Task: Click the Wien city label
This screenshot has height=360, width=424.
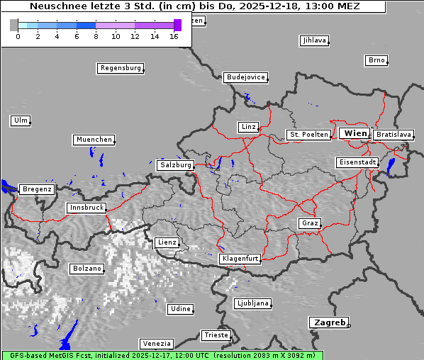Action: pyautogui.click(x=355, y=133)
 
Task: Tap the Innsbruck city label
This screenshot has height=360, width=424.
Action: pyautogui.click(x=86, y=208)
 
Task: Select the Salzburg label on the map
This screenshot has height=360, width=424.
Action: pyautogui.click(x=175, y=164)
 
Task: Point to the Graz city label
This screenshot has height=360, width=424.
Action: pyautogui.click(x=309, y=223)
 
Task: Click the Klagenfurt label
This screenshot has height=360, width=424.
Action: pyautogui.click(x=240, y=259)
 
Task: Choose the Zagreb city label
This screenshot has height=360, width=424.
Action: pyautogui.click(x=328, y=322)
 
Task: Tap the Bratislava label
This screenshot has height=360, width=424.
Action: pyautogui.click(x=394, y=134)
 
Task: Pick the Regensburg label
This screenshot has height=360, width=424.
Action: pyautogui.click(x=120, y=68)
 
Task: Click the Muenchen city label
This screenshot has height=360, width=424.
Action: pyautogui.click(x=94, y=140)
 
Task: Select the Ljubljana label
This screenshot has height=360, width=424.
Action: pyautogui.click(x=252, y=303)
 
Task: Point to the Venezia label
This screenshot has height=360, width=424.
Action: pyautogui.click(x=155, y=343)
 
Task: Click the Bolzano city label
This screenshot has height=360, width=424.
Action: pyautogui.click(x=87, y=269)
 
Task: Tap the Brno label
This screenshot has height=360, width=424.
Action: pyautogui.click(x=376, y=60)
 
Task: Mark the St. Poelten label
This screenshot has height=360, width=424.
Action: pyautogui.click(x=308, y=134)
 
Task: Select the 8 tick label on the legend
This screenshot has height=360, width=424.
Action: pyautogui.click(x=96, y=36)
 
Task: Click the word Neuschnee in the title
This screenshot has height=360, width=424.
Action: pyautogui.click(x=56, y=6)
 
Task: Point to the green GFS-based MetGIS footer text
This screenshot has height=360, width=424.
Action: pyautogui.click(x=162, y=355)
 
